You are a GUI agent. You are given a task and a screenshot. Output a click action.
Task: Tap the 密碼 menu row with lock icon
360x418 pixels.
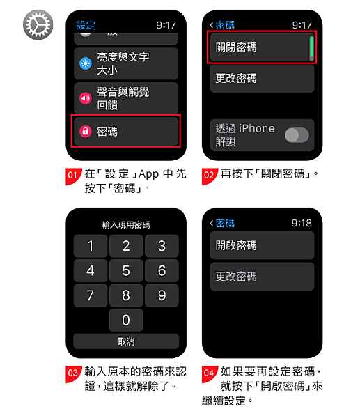(x=126, y=131)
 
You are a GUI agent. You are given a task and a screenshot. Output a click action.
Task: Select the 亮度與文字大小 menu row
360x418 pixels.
(x=126, y=63)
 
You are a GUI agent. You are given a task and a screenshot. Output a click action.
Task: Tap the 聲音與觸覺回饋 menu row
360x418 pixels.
(x=126, y=98)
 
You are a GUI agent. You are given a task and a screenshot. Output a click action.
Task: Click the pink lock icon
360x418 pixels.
(x=86, y=131)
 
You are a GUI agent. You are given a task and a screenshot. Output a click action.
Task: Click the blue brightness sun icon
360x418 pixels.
(x=86, y=63)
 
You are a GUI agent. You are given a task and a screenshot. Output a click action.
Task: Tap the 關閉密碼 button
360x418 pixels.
(x=262, y=47)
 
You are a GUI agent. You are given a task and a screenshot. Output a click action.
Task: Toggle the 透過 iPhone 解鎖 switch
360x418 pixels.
(x=297, y=135)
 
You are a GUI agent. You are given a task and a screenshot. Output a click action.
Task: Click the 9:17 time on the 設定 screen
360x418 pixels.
(x=166, y=25)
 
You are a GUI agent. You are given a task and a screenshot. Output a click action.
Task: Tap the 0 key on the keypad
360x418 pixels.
(x=126, y=320)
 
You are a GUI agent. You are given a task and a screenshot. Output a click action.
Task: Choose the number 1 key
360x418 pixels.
(x=90, y=246)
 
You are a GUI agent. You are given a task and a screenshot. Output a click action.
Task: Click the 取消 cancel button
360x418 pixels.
(x=126, y=341)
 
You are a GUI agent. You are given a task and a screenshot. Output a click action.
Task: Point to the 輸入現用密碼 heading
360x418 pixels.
(x=126, y=225)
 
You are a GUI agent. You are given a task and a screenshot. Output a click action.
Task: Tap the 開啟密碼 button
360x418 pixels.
(x=262, y=245)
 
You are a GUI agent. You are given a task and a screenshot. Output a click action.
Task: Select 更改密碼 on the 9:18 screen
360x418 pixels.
(x=262, y=277)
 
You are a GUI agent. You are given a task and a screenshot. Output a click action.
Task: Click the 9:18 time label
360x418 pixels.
(x=302, y=223)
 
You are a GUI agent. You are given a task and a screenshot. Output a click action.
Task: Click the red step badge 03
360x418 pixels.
(x=74, y=373)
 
